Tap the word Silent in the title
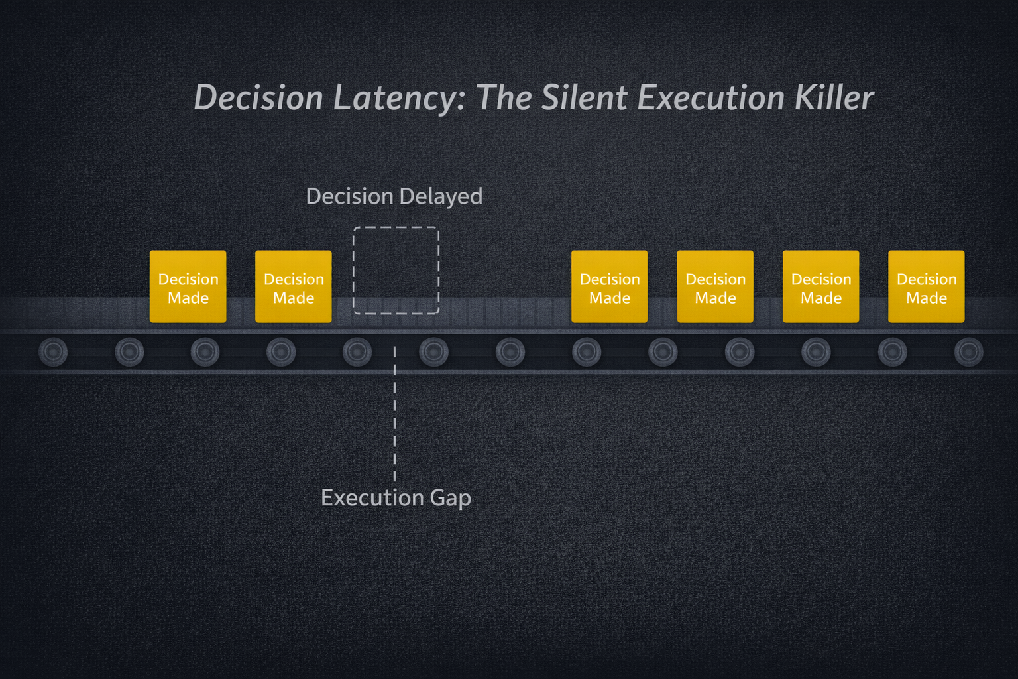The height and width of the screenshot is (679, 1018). click(x=584, y=97)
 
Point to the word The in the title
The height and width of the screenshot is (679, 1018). click(x=504, y=97)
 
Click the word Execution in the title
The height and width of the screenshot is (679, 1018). click(x=710, y=97)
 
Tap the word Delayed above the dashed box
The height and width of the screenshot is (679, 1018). click(x=440, y=197)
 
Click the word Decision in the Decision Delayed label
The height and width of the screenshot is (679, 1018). click(x=350, y=196)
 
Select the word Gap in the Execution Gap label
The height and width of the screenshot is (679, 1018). click(x=450, y=498)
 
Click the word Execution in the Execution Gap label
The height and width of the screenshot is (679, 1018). click(x=372, y=497)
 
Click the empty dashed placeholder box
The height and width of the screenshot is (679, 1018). click(x=396, y=270)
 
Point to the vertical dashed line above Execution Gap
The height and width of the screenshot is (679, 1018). click(x=395, y=414)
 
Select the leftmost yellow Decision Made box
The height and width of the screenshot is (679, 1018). click(x=188, y=286)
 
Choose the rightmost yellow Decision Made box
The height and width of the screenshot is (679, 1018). click(x=926, y=286)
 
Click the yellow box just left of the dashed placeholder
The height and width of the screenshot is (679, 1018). click(x=293, y=286)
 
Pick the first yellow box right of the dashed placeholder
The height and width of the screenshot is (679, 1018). click(x=609, y=286)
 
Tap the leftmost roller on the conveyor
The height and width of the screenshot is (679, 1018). click(x=53, y=352)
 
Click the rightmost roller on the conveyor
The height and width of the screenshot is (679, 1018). click(x=968, y=352)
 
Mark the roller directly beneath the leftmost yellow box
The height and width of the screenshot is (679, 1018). click(x=205, y=352)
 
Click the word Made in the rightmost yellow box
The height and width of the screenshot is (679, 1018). click(x=926, y=298)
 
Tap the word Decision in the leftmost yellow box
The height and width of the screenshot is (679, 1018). click(x=188, y=279)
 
